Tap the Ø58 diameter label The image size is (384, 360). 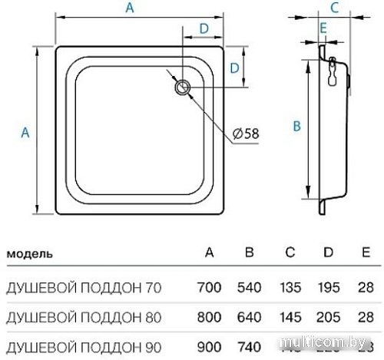coord(245,134)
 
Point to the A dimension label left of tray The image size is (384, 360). coord(25,132)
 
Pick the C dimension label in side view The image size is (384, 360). coord(334,8)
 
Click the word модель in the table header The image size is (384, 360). coord(29,253)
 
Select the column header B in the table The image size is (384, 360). coord(248,253)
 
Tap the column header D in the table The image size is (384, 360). coord(328,253)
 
